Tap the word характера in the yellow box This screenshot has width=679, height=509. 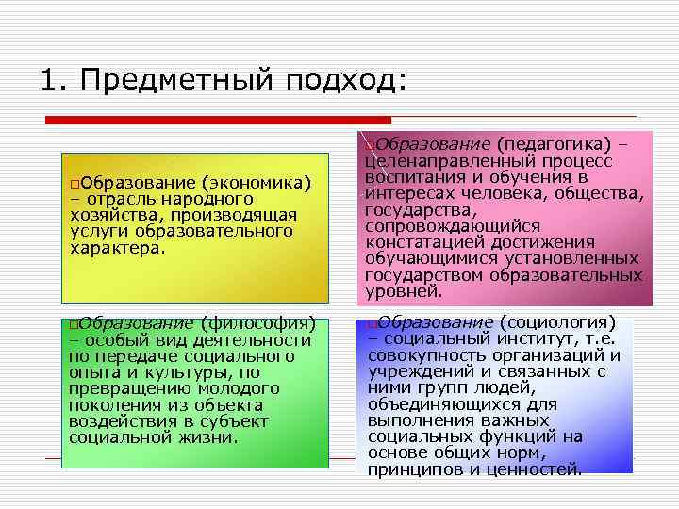coord(114,249)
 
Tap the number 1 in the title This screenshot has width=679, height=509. coord(50,79)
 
